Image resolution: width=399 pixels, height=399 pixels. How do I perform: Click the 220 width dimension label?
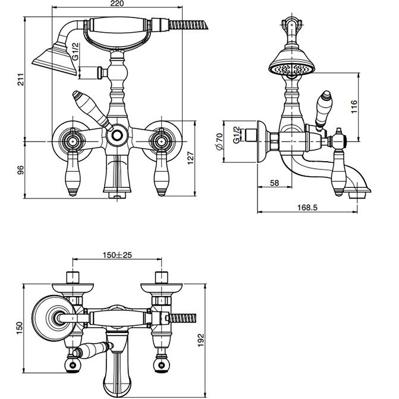pos(117,4)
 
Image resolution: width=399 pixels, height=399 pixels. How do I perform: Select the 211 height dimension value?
pos(21,80)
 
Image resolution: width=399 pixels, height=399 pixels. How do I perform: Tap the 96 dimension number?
pos(21,169)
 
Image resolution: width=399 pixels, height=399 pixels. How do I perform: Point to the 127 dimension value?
pos(191,158)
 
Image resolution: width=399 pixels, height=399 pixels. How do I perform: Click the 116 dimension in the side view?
pos(354,107)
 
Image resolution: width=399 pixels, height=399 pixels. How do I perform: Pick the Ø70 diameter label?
pos(219,142)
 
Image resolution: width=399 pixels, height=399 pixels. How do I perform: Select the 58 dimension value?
pos(274,183)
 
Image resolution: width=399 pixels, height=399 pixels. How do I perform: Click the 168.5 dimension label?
pos(307,208)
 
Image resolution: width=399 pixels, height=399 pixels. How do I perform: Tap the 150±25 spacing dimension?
pos(117,255)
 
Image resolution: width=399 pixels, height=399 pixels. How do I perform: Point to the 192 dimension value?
pos(201,340)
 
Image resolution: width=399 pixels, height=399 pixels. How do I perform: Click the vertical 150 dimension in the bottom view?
pos(20,328)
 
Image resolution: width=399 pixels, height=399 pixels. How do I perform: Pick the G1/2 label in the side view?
pos(237,135)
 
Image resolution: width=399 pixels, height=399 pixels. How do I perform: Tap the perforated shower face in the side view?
pos(292,69)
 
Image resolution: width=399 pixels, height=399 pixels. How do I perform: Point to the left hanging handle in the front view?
pos(73,173)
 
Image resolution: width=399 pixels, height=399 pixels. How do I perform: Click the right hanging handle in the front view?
pos(161,173)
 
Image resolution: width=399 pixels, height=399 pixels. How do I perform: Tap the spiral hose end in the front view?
pos(188,25)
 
